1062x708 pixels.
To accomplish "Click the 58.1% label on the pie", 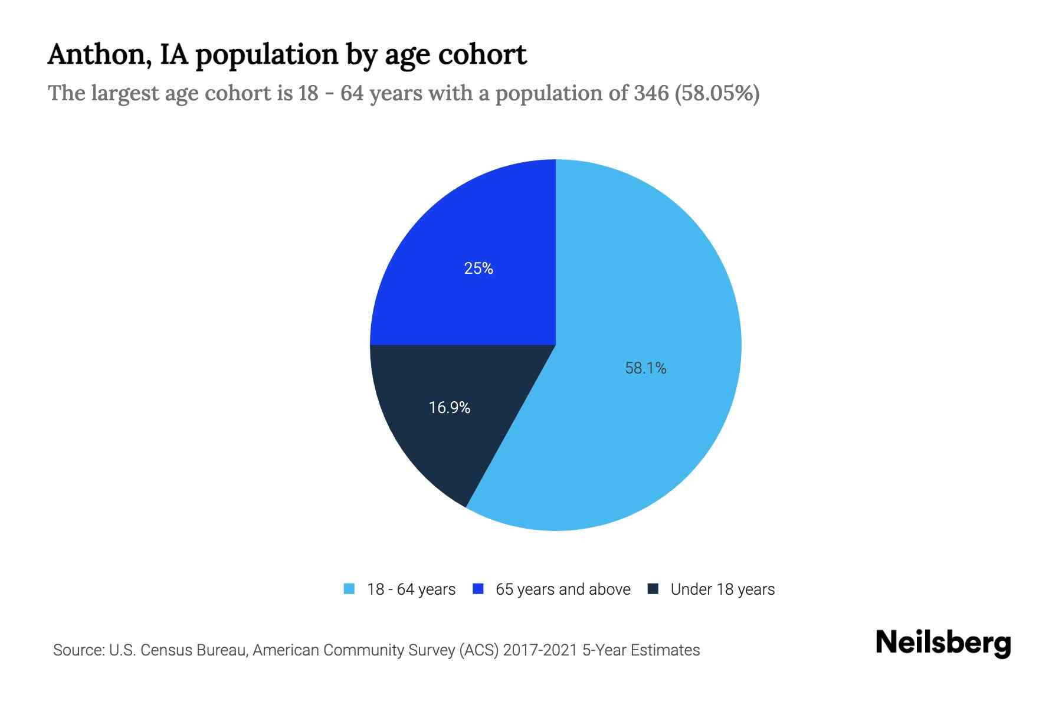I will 645,368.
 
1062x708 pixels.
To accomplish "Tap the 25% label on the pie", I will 478,268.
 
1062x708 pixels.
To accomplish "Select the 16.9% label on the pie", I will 449,408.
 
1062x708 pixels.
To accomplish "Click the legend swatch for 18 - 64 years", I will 349,589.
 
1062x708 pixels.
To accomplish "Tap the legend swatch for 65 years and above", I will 478,589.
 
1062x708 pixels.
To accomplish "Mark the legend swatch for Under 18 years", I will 653,589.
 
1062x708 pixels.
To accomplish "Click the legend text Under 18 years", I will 722,589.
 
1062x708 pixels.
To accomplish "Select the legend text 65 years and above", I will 563,589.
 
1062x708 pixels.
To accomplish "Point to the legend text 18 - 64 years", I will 411,589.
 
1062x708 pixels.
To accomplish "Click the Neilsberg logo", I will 943,643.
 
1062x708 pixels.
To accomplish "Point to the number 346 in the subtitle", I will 651,93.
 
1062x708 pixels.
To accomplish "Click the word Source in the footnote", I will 77,650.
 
